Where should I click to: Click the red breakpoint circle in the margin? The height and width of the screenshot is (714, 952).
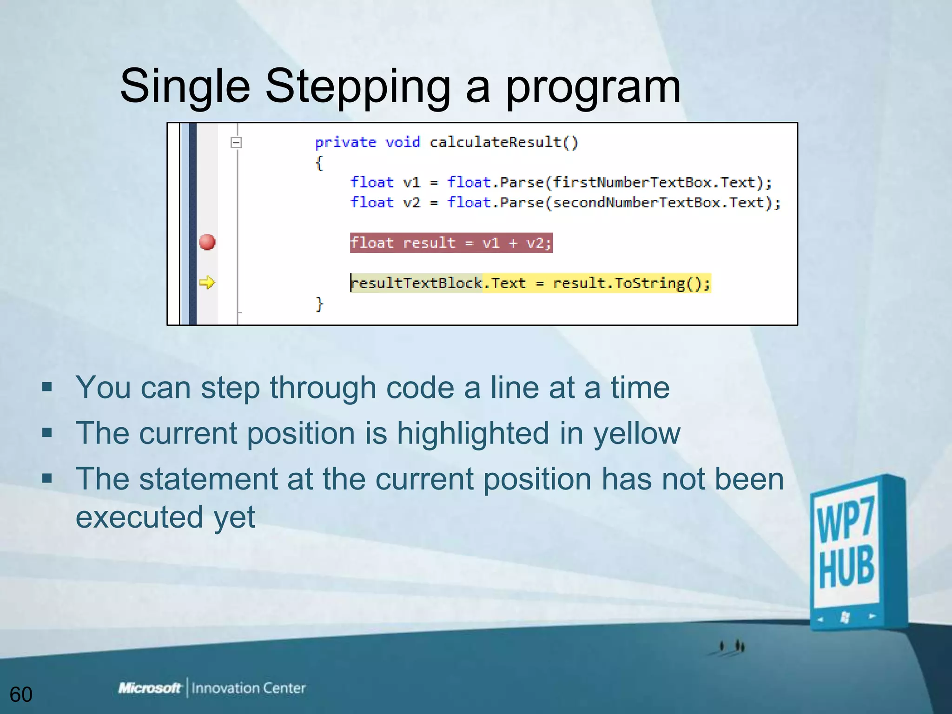207,242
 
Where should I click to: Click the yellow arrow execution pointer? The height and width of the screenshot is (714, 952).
207,282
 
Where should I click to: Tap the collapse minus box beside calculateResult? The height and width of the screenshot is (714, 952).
236,142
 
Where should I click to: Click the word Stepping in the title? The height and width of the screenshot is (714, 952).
358,87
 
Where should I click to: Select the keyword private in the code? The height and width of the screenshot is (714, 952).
345,142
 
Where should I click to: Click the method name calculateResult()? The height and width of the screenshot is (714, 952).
503,142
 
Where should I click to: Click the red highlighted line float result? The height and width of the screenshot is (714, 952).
451,243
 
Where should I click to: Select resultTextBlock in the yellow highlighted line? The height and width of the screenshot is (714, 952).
416,283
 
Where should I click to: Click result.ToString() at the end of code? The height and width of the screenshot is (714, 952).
631,283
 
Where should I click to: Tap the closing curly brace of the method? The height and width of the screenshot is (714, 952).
319,304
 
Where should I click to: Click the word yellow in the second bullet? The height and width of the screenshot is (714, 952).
637,433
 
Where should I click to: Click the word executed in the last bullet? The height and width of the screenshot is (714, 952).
139,517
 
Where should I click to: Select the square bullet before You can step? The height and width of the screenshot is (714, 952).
47,387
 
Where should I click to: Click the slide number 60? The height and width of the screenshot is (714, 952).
21,694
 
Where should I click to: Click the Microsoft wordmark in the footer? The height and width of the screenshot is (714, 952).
149,688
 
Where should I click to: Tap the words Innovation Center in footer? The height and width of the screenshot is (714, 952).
249,688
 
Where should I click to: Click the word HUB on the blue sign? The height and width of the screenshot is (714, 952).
846,568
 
